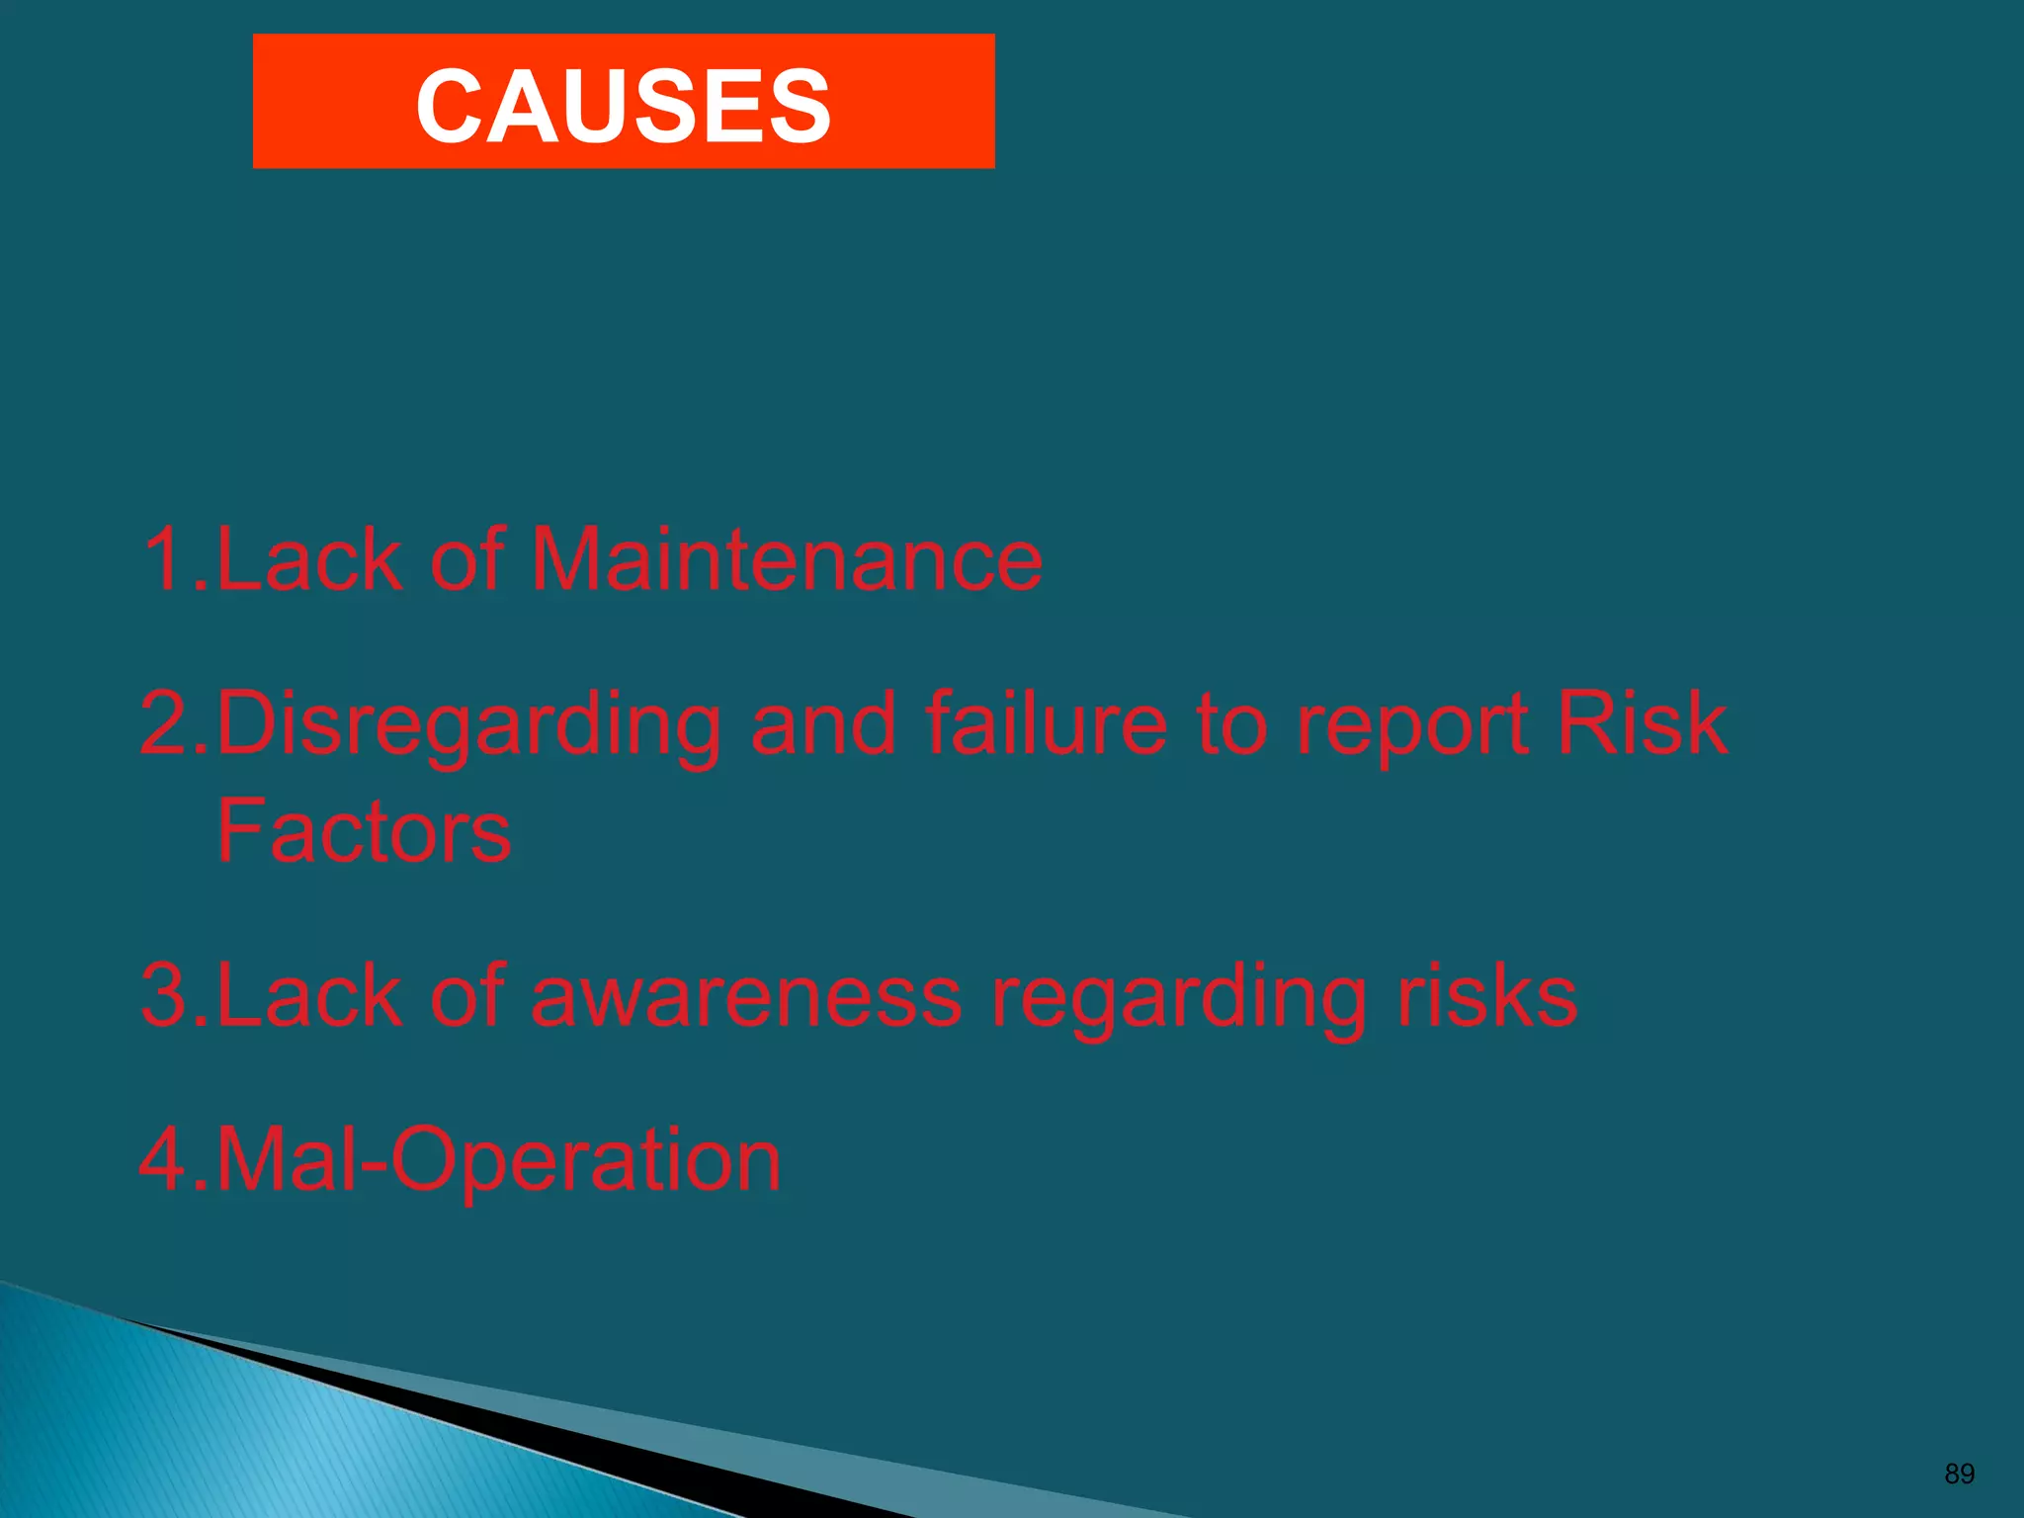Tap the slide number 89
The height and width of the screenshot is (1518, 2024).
click(1959, 1474)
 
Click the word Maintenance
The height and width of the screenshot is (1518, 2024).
click(787, 559)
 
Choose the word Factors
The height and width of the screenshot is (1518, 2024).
click(364, 831)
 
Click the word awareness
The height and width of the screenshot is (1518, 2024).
click(746, 995)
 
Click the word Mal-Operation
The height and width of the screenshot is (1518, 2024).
click(497, 1159)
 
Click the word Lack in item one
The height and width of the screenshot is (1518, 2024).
click(309, 559)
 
